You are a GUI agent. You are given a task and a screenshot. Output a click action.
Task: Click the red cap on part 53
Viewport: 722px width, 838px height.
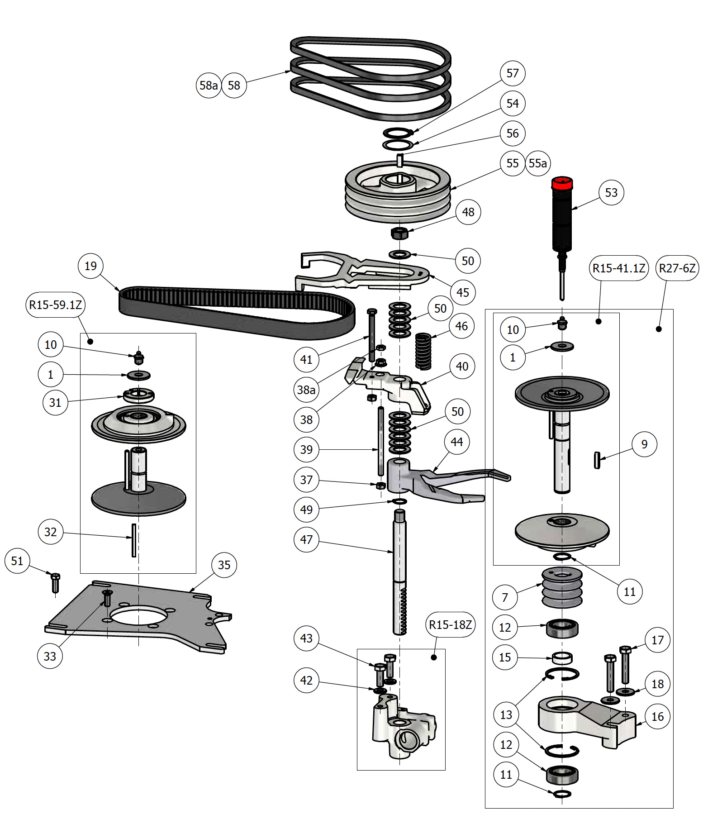(562, 183)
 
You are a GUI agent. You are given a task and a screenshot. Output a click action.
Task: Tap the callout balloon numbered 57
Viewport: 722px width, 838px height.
(513, 73)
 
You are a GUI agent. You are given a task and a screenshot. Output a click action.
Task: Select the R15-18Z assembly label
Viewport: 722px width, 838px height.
(451, 625)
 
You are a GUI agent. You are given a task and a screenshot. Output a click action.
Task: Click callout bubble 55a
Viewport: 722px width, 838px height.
(538, 163)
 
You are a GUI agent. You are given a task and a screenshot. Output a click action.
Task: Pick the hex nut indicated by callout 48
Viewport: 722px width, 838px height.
(399, 233)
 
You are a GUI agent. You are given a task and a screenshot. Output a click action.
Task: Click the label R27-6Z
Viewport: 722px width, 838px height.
(677, 268)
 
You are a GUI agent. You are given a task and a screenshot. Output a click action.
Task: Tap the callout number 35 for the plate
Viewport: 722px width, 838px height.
(224, 565)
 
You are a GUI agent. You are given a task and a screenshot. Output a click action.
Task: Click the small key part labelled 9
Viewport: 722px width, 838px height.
(597, 460)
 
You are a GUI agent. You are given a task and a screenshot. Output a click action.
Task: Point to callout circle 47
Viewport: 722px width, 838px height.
(306, 540)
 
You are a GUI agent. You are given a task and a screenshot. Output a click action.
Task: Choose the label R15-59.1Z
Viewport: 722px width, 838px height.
(55, 305)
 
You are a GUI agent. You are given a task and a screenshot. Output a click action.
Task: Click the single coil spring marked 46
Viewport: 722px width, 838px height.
(423, 351)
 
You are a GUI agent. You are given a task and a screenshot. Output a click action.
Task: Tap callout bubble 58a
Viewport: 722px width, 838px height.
(209, 86)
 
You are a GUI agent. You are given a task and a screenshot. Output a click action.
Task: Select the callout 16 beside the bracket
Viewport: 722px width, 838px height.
(657, 717)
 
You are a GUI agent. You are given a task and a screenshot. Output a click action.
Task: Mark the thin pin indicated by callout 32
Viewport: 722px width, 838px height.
(134, 540)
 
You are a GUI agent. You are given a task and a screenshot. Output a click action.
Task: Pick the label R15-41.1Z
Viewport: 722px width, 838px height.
(619, 268)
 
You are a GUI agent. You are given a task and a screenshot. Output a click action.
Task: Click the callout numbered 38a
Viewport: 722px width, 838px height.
(306, 390)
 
